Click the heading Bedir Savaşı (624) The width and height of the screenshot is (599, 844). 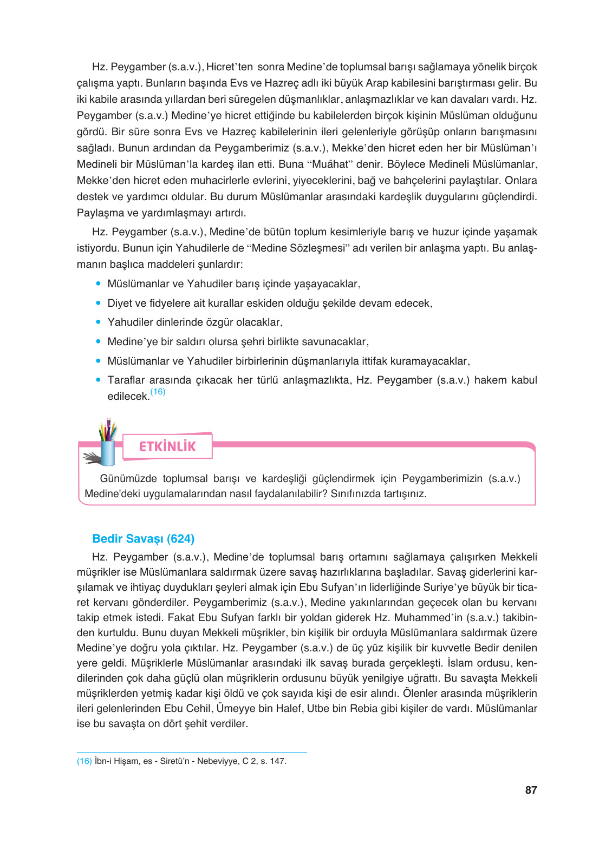tap(143, 538)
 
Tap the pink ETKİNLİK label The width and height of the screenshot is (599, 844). tap(167, 446)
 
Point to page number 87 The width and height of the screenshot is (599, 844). tap(531, 790)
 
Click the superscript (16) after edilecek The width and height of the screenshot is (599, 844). tap(158, 392)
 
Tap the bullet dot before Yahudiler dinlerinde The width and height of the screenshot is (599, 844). tap(98, 322)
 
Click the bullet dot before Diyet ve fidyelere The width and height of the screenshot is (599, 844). tap(98, 303)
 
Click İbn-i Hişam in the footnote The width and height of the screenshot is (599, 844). tap(116, 761)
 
